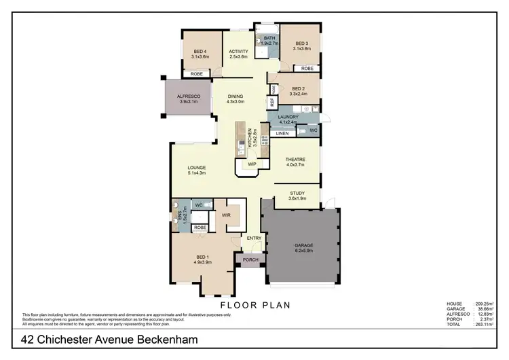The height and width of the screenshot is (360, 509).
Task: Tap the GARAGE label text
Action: point(303,245)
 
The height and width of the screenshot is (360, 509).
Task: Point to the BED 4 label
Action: point(200,52)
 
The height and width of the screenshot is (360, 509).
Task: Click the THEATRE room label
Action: point(296,160)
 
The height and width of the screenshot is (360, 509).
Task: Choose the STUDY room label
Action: point(297,194)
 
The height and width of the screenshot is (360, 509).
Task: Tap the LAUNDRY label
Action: point(288,118)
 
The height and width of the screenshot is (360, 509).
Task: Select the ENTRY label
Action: point(254,238)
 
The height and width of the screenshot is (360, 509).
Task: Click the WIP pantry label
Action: point(252,164)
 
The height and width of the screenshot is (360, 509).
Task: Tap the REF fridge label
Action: point(271,102)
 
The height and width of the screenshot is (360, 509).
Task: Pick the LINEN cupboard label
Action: point(282,133)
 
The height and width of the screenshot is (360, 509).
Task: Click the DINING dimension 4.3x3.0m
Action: point(235,102)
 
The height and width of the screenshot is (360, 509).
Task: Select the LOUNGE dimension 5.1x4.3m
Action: point(197,173)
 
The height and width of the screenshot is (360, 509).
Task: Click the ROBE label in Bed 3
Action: point(307,69)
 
